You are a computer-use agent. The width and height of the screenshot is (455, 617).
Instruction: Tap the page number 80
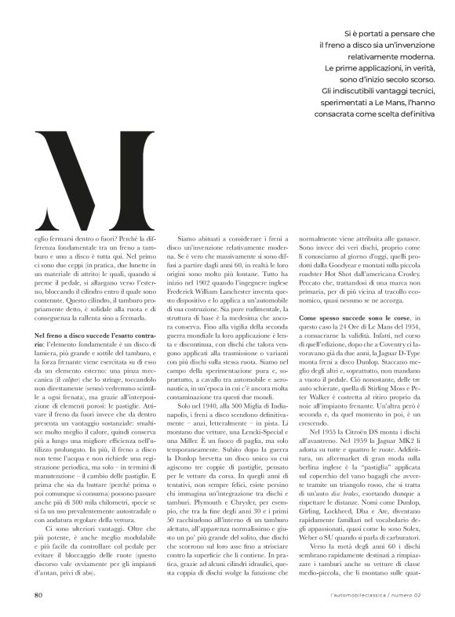[38, 594]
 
